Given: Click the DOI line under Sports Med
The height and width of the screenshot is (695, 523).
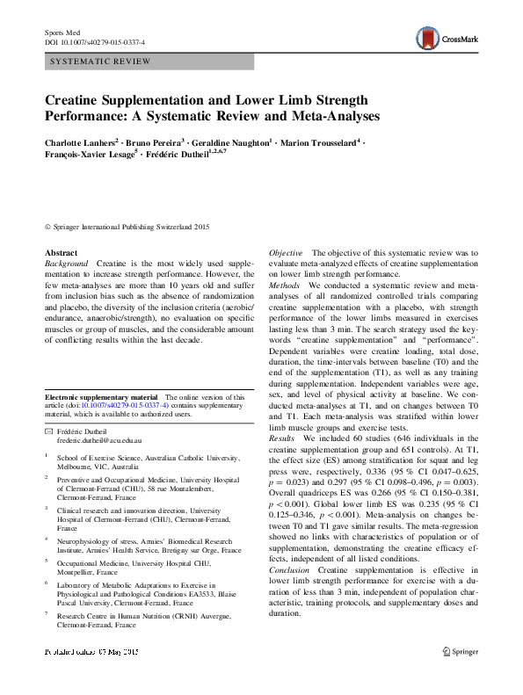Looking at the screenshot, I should [95, 41].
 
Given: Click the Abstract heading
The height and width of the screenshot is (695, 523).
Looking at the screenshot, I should [62, 252].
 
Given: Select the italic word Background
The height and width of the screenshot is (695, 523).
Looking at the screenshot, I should [67, 264].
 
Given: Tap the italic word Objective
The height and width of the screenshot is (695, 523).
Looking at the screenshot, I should [286, 252].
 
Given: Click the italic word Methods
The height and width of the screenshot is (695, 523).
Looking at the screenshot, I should [284, 286].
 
